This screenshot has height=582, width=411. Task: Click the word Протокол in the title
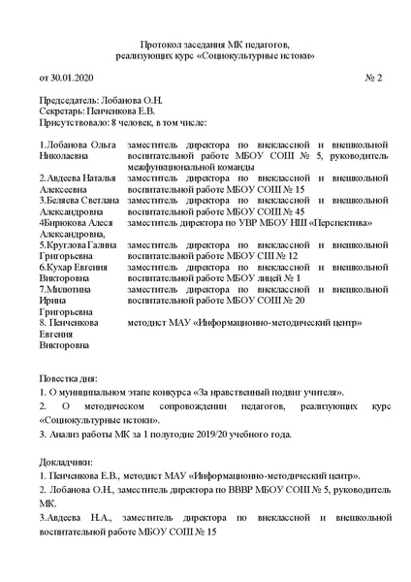162,45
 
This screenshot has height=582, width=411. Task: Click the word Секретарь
60,112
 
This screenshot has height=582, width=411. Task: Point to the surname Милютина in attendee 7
69,288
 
